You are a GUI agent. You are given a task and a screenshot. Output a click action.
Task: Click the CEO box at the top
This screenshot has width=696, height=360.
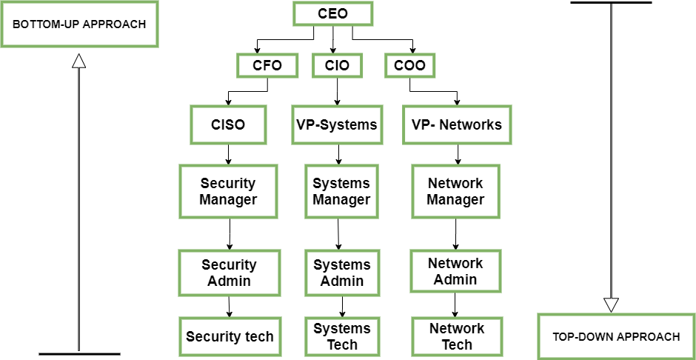tap(332, 13)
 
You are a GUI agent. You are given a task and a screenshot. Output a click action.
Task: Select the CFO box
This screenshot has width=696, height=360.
tap(267, 65)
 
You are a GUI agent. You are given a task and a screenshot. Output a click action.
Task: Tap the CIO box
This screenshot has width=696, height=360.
tap(337, 65)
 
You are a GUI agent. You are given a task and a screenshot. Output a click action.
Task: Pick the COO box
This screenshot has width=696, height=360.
tap(409, 65)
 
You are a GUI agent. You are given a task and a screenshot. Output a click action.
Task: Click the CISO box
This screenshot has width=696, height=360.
tap(228, 124)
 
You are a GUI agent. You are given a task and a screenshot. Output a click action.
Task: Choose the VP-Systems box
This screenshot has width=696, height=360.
tap(337, 124)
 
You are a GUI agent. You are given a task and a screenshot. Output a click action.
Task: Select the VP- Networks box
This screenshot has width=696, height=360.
tap(456, 124)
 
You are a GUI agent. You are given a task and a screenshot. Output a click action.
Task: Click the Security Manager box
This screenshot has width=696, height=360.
tap(228, 191)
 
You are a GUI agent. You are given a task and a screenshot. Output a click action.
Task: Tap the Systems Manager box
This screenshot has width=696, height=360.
tap(341, 191)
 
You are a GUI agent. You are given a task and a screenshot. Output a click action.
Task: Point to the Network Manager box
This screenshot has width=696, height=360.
tap(455, 191)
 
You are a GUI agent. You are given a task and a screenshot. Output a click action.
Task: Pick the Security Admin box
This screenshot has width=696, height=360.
tap(229, 273)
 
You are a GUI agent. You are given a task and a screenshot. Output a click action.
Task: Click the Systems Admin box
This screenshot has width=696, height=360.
tap(341, 273)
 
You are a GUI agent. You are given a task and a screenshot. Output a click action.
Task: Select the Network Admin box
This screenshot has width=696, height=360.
tap(455, 271)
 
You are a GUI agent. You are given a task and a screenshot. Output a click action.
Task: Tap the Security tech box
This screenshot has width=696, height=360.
tap(230, 337)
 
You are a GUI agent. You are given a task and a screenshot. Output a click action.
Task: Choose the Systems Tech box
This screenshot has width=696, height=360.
tap(341, 336)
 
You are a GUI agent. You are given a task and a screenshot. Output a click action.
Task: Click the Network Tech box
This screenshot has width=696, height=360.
tap(457, 336)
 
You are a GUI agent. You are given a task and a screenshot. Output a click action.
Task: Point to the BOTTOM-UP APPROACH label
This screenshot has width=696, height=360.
tap(79, 24)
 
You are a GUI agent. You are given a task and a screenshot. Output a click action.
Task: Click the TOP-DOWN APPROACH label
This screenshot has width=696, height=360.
tap(616, 336)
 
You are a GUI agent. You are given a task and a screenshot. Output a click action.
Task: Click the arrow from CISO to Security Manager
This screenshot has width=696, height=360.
tap(228, 154)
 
